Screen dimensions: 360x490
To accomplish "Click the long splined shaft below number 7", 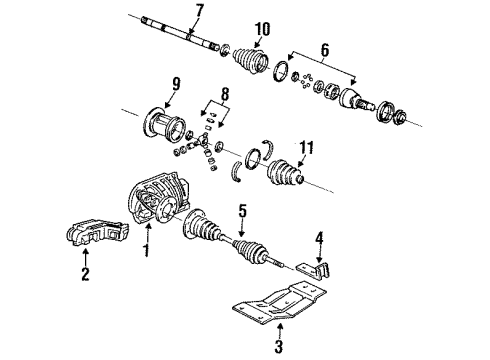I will tap(180, 34).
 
